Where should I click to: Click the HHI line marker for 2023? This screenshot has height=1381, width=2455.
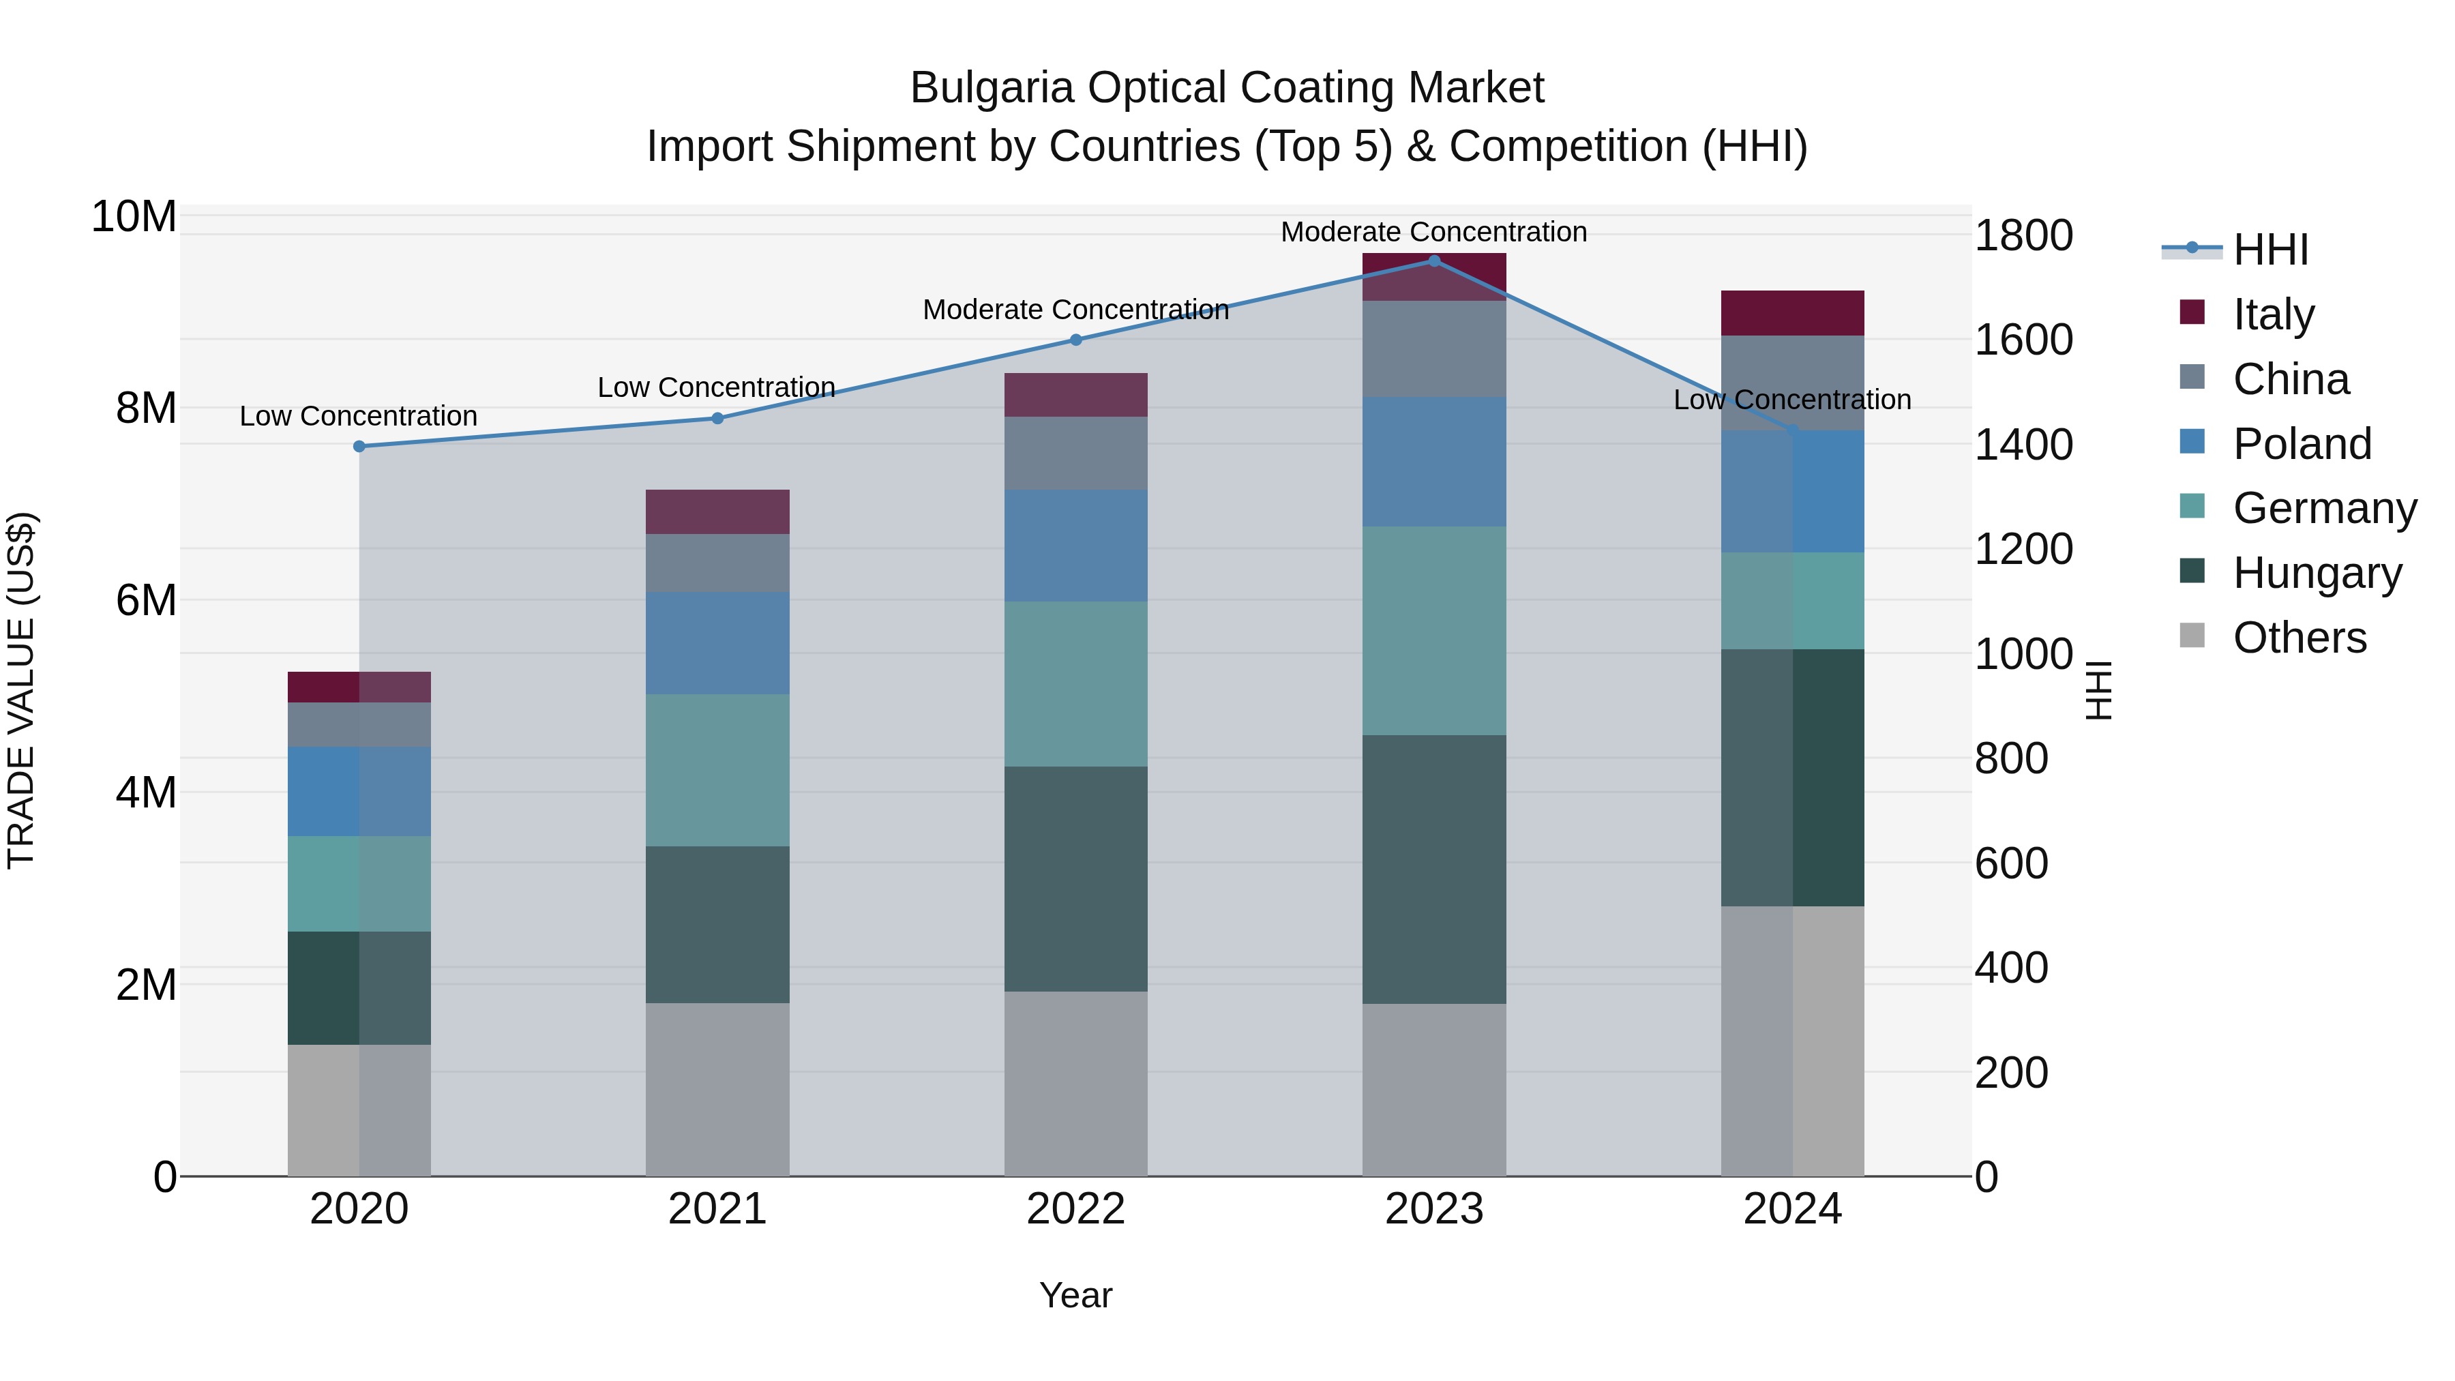point(1433,261)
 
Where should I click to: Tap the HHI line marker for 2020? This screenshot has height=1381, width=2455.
point(359,446)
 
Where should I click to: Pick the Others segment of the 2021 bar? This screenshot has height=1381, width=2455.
point(717,1088)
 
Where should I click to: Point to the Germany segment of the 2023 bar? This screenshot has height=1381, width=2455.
point(1433,630)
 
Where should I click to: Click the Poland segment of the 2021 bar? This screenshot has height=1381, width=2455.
point(717,642)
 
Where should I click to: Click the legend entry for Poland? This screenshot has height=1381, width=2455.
point(2301,444)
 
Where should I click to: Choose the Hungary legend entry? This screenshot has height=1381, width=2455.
point(2316,573)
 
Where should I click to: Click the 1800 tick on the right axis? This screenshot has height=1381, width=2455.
point(2023,235)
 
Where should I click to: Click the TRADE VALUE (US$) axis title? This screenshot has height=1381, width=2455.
point(21,690)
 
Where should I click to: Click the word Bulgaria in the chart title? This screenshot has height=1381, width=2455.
point(991,88)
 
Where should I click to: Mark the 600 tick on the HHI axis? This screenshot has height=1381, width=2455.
point(2011,863)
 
